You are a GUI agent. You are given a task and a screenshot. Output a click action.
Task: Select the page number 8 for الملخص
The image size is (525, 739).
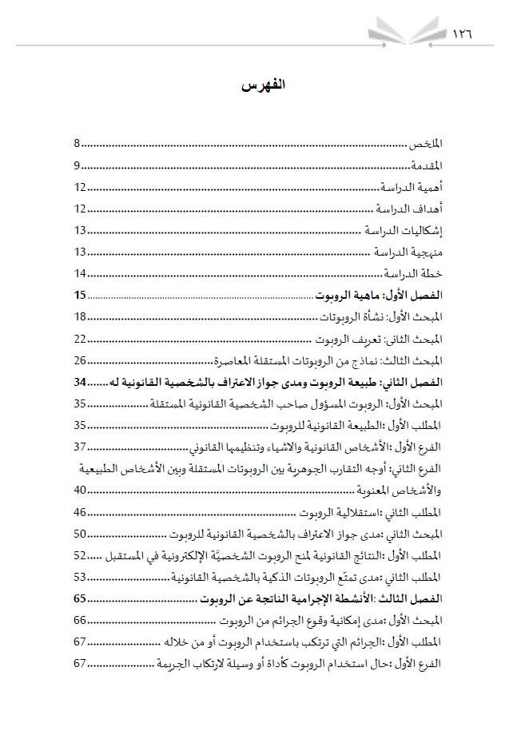pyautogui.click(x=78, y=144)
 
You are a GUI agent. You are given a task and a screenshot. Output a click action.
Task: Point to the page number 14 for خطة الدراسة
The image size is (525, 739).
pyautogui.click(x=80, y=274)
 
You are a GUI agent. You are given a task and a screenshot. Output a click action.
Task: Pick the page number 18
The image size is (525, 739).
pyautogui.click(x=80, y=317)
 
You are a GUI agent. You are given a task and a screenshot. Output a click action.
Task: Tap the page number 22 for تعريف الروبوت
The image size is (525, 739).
pyautogui.click(x=80, y=339)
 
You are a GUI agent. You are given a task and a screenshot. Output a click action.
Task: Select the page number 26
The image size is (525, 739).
pyautogui.click(x=80, y=360)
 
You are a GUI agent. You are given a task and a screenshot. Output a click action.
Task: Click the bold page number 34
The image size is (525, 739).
pyautogui.click(x=80, y=382)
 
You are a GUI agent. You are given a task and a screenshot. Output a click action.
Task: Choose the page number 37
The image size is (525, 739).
pyautogui.click(x=80, y=446)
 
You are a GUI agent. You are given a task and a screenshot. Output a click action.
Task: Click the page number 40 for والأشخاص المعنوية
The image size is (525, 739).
pyautogui.click(x=80, y=490)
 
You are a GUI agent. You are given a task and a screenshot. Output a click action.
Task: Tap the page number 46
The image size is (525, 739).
pyautogui.click(x=80, y=511)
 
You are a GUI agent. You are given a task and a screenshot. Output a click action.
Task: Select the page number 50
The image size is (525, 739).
pyautogui.click(x=80, y=533)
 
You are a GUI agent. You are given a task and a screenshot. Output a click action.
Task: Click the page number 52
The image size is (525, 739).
pyautogui.click(x=80, y=554)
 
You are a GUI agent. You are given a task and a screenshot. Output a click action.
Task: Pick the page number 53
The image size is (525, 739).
pyautogui.click(x=80, y=576)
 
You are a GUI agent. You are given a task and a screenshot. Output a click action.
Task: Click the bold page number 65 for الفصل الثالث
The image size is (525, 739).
pyautogui.click(x=80, y=598)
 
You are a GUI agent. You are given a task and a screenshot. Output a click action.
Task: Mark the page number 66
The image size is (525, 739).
pyautogui.click(x=80, y=620)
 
